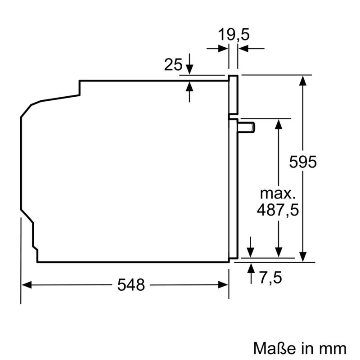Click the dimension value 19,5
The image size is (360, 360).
click(x=234, y=34)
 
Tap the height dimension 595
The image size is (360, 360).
click(x=303, y=162)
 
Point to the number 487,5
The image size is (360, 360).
click(x=277, y=210)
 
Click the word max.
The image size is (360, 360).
click(x=278, y=194)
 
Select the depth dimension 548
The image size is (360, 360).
click(x=131, y=284)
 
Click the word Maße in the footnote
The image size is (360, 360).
click(x=271, y=349)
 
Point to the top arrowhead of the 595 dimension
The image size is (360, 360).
click(x=303, y=81)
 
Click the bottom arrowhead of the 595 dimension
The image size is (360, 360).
click(x=303, y=255)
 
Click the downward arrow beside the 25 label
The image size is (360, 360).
click(x=189, y=69)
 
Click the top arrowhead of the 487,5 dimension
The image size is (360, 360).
click(x=279, y=124)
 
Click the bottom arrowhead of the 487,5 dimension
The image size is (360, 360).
click(x=279, y=253)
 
